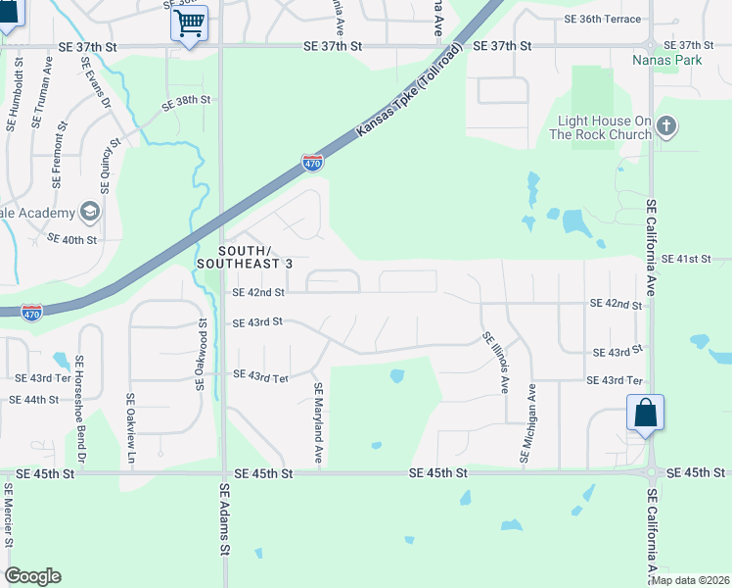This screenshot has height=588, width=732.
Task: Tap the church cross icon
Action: coord(666,125)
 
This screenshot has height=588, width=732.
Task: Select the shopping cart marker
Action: coord(189,22)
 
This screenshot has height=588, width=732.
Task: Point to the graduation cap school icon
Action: coord(89,212)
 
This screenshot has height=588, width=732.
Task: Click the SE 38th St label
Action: coord(187,100)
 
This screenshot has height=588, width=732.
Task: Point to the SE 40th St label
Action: coord(72,239)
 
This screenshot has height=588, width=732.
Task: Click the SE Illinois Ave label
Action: coord(495,363)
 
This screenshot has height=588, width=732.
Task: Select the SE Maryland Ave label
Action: coord(318,423)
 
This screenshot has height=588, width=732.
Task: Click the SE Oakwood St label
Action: coord(202,354)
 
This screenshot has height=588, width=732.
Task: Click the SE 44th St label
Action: coord(35,400)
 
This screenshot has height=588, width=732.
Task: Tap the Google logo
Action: coord(33,576)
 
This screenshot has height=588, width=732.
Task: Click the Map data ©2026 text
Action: coord(690,580)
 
